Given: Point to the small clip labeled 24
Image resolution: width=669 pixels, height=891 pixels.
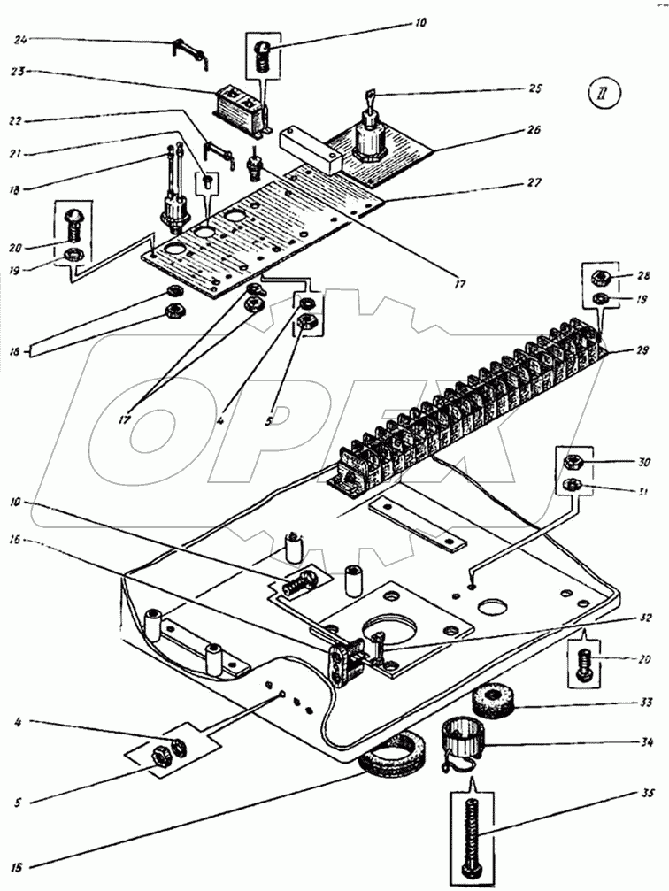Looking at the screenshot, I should (189, 51).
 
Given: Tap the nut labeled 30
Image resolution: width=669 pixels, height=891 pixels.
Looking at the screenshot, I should (572, 461).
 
